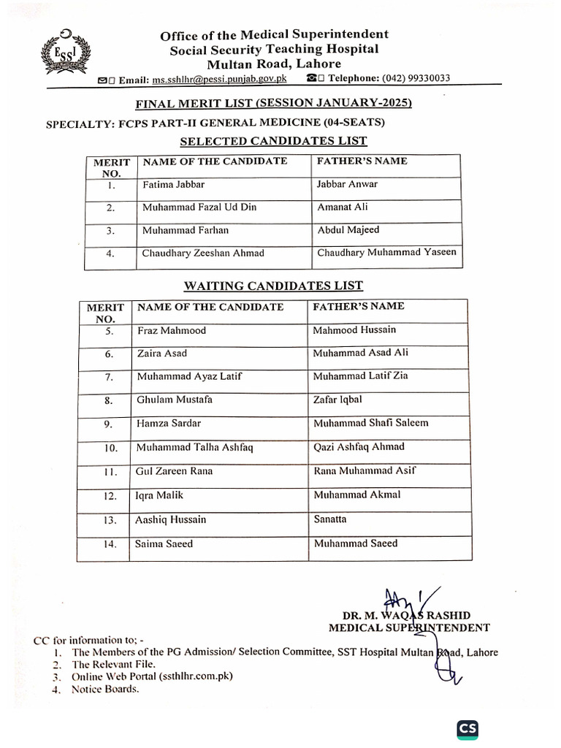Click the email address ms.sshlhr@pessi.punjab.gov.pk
tap(219, 79)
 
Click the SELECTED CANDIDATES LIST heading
tap(273, 141)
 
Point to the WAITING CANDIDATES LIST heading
tap(272, 286)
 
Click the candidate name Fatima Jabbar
tap(173, 185)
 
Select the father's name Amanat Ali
tap(343, 207)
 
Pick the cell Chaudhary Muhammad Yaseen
tap(386, 253)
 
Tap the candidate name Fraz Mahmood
tap(172, 331)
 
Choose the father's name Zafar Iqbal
tap(337, 400)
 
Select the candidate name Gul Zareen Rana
tap(174, 471)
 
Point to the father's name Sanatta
tap(330, 519)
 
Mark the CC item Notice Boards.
tap(105, 689)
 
